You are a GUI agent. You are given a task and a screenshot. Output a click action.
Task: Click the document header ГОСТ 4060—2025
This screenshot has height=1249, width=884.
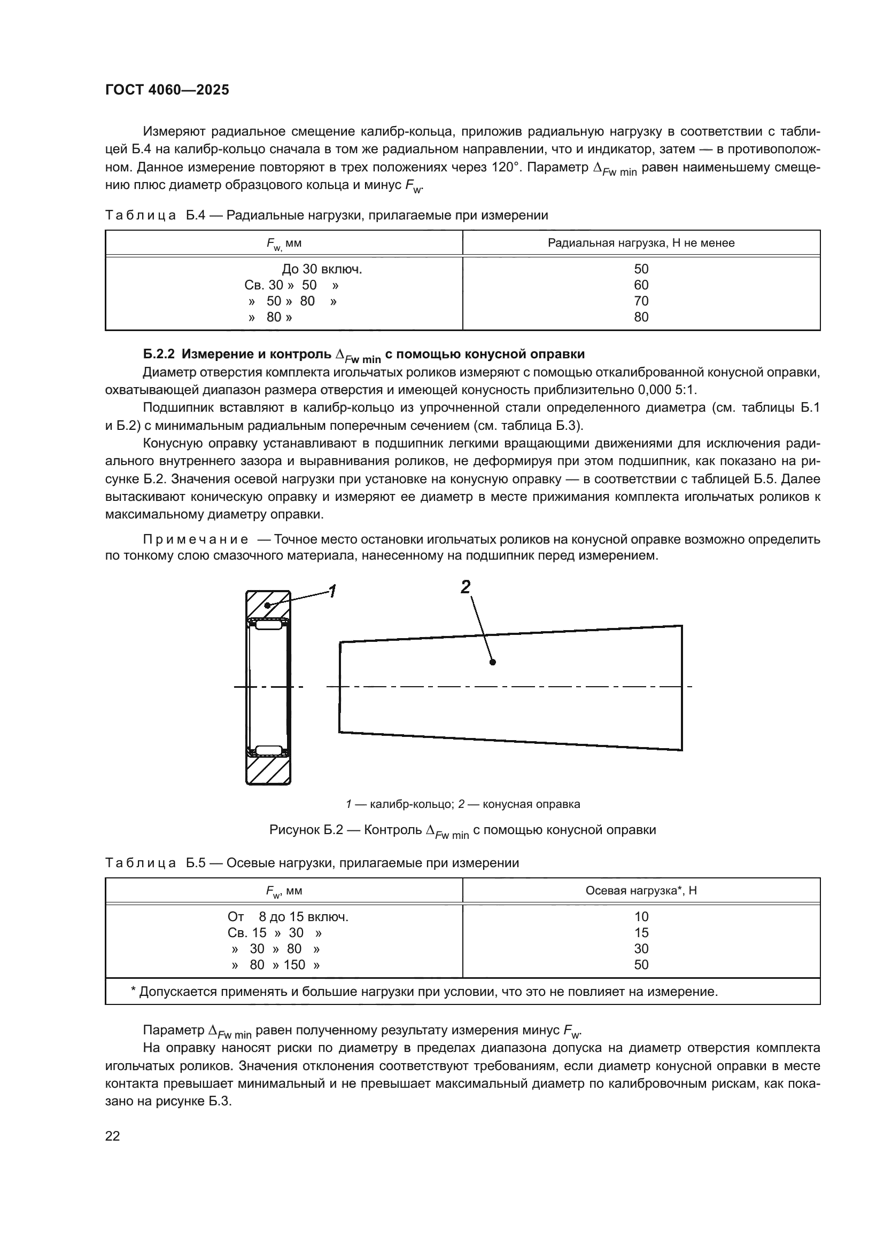[x=167, y=90]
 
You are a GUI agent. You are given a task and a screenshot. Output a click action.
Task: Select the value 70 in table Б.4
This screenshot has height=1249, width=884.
[x=641, y=301]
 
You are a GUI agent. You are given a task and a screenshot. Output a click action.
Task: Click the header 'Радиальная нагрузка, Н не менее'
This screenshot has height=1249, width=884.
[x=641, y=243]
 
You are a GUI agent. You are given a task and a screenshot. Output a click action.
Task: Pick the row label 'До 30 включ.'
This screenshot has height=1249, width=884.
[x=322, y=269]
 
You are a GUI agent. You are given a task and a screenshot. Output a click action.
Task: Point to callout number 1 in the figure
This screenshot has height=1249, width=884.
[x=331, y=591]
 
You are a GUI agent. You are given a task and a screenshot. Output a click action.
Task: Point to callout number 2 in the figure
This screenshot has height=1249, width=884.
[x=466, y=587]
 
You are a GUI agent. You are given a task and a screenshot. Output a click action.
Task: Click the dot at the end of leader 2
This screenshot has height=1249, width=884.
[x=493, y=662]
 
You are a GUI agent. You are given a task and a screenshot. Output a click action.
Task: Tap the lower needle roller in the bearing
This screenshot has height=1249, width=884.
[x=268, y=750]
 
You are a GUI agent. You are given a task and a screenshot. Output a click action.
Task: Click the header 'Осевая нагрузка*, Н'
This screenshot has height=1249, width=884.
[x=641, y=891]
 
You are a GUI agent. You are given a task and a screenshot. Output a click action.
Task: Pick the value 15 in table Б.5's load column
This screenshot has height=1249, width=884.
[x=641, y=932]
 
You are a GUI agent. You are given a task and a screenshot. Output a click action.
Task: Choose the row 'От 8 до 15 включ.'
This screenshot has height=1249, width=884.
[x=288, y=917]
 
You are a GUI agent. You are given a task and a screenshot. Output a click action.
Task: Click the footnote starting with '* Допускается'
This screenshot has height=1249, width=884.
[x=424, y=991]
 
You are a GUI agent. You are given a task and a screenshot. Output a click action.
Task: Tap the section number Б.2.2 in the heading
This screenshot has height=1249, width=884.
[x=159, y=354]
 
